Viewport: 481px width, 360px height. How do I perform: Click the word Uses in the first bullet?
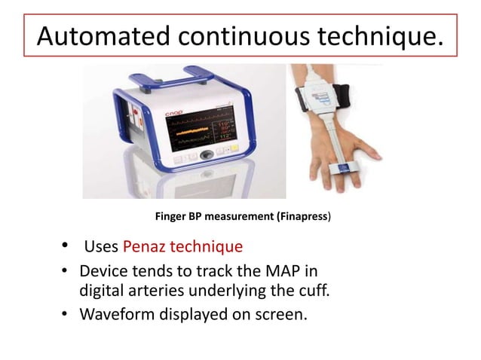(100, 247)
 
